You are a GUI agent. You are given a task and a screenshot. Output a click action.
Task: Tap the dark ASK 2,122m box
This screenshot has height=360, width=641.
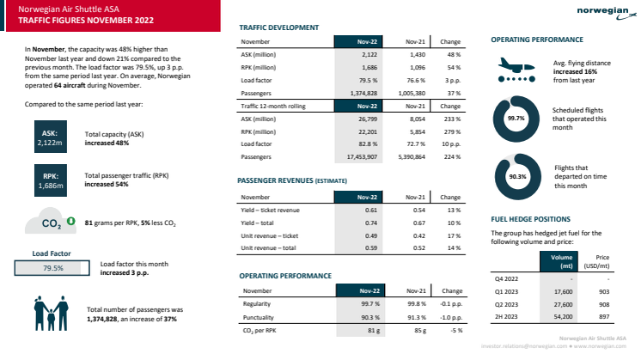[49, 138]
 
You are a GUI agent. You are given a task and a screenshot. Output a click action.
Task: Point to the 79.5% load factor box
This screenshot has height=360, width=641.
[53, 268]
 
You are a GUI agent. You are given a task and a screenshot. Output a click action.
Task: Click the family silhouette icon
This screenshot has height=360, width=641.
[51, 312]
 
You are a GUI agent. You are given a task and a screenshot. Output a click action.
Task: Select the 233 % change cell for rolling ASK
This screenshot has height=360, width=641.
[451, 118]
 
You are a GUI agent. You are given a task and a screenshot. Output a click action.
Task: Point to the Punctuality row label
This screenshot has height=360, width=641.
[260, 317]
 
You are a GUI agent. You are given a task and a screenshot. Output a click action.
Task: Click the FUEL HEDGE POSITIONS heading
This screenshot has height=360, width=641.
[531, 219]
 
